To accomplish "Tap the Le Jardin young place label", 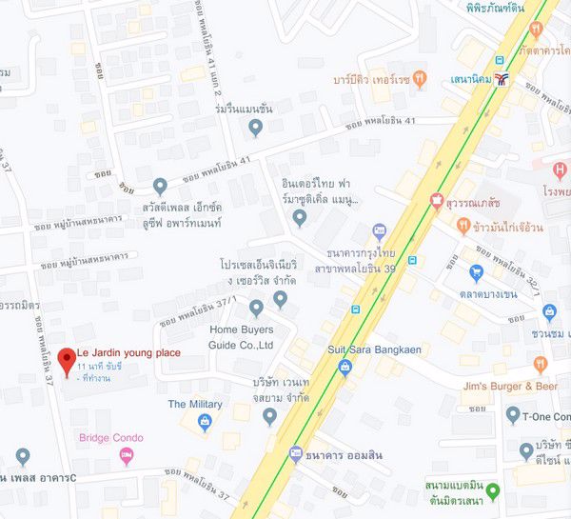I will (x=128, y=353).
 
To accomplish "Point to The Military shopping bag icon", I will (x=204, y=423).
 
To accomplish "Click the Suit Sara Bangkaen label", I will (x=374, y=349).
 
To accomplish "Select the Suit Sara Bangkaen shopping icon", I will (x=345, y=367).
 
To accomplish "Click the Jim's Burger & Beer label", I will (x=509, y=387).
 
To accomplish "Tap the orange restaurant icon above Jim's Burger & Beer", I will (x=541, y=363).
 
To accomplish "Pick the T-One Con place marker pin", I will (x=513, y=415).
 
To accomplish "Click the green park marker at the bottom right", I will (x=494, y=473).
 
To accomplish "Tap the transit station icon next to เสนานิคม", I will (x=514, y=80).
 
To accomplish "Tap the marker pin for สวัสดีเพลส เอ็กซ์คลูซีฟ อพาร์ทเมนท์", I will (x=160, y=186).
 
